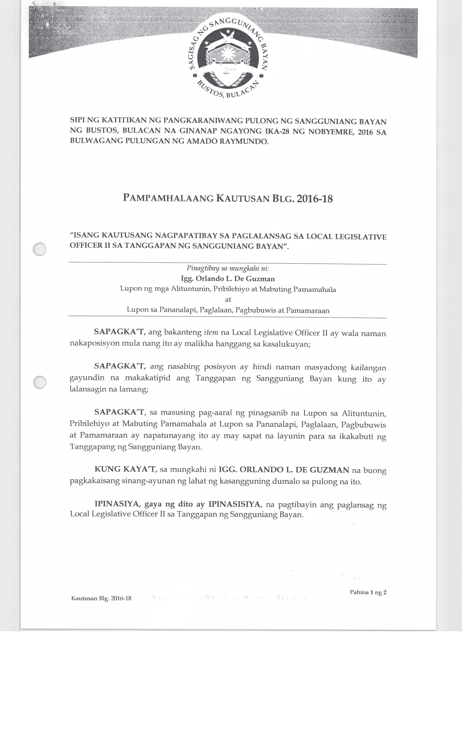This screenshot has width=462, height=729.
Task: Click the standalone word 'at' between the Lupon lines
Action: (228, 300)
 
